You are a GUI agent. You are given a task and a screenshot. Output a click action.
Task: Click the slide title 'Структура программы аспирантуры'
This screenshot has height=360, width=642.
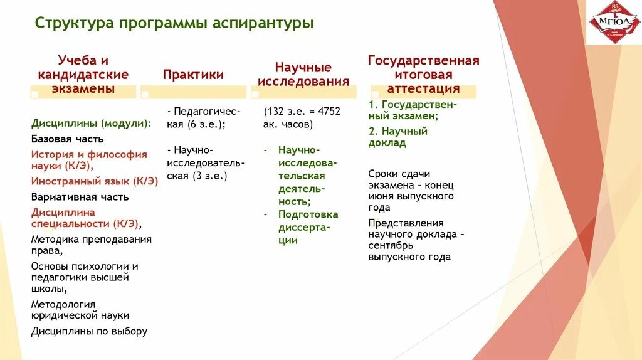(x=174, y=24)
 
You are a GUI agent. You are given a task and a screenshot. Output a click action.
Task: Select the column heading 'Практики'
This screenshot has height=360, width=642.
(x=193, y=75)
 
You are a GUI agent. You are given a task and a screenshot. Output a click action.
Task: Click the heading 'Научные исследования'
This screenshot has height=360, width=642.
(x=303, y=75)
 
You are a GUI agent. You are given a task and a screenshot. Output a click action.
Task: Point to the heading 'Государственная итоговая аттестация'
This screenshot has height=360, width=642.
(x=423, y=75)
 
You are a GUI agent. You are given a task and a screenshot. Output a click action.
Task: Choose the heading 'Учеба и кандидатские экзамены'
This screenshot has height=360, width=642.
(x=83, y=75)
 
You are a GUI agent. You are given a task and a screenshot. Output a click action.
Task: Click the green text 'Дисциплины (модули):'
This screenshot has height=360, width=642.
(x=91, y=124)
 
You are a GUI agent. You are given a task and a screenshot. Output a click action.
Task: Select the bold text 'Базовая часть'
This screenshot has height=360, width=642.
(x=68, y=139)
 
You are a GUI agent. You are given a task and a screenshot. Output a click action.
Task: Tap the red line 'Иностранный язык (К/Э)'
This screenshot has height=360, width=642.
(x=94, y=181)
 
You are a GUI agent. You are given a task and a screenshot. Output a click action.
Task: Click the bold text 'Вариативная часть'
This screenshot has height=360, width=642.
(x=80, y=197)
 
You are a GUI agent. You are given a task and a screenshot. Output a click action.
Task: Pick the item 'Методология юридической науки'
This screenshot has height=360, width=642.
(x=80, y=310)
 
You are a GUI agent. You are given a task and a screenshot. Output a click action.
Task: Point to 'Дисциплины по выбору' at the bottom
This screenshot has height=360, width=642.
(x=89, y=331)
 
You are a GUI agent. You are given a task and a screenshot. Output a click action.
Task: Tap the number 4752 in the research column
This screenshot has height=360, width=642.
(x=329, y=111)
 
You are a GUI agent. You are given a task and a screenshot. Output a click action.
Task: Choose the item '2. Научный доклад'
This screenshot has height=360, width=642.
(x=397, y=137)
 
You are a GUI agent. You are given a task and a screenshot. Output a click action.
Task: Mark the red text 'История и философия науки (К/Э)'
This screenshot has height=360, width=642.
(x=89, y=160)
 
